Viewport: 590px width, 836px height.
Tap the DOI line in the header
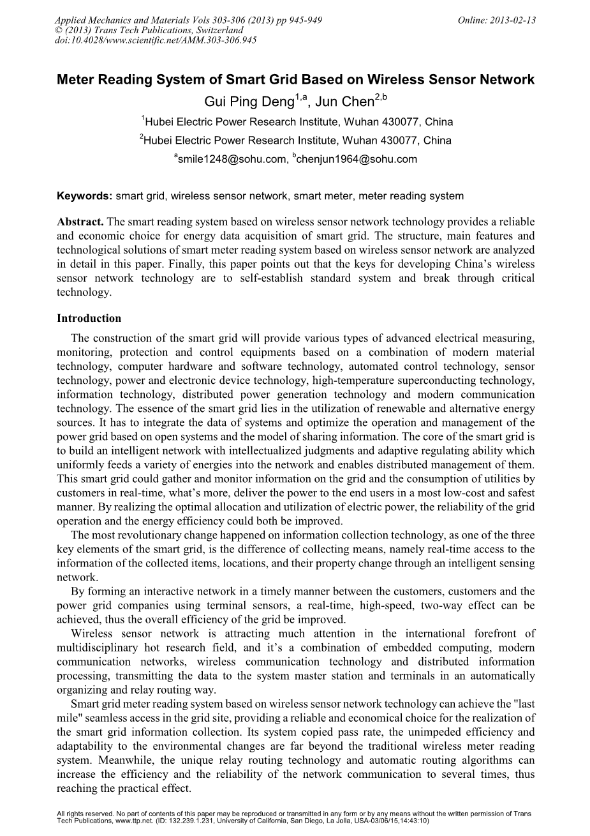156,40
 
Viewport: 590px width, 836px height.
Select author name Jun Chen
345,102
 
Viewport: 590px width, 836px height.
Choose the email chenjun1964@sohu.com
357,160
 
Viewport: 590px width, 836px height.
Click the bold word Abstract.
80,222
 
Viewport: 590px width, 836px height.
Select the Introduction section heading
89,318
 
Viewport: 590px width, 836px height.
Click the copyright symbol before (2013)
60,30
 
